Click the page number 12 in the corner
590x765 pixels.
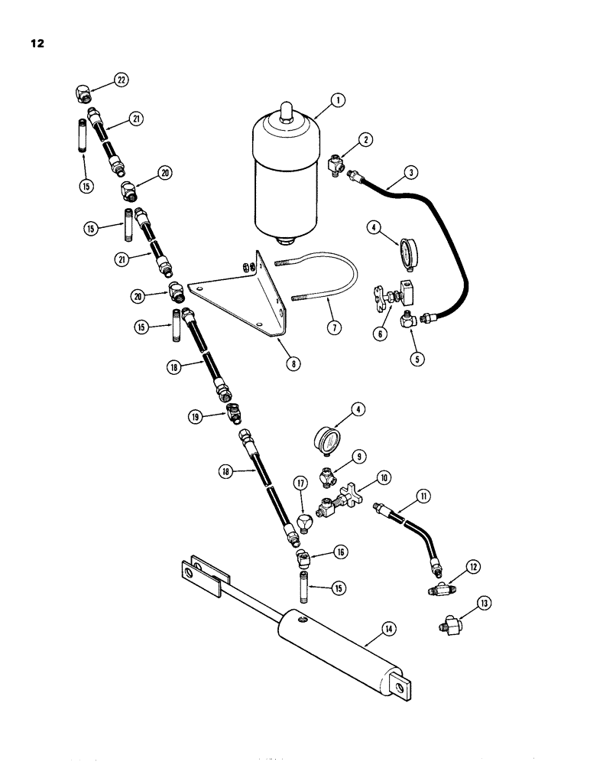point(36,43)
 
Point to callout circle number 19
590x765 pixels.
point(196,416)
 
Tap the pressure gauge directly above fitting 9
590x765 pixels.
point(329,441)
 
